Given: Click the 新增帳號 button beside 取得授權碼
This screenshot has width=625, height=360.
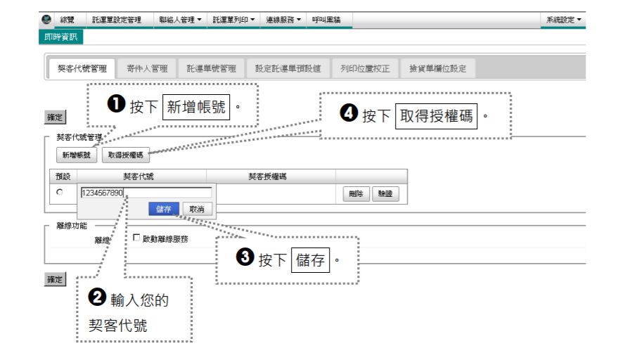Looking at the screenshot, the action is click(77, 155).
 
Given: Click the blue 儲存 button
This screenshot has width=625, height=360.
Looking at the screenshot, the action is click(163, 209).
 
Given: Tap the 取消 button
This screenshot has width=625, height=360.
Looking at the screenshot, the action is click(197, 209).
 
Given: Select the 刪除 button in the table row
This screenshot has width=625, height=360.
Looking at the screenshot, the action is click(356, 194).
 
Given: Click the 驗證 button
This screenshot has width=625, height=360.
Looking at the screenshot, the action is click(385, 194).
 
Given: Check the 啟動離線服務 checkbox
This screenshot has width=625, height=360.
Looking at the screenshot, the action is click(136, 238).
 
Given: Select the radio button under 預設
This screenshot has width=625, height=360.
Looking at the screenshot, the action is click(60, 192).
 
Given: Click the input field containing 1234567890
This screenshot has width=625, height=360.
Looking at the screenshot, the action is click(146, 193).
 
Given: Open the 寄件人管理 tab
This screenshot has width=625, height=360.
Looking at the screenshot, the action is click(147, 69).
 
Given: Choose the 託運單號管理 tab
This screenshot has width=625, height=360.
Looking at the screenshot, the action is click(211, 69).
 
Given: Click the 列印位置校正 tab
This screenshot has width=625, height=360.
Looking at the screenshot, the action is click(365, 69).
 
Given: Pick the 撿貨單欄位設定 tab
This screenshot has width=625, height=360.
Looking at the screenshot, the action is click(438, 69).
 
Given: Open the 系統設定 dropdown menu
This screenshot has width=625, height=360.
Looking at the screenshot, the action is click(563, 20).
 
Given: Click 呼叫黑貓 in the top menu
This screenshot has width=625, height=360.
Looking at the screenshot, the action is click(326, 20).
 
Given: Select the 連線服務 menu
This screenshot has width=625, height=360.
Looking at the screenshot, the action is click(283, 20).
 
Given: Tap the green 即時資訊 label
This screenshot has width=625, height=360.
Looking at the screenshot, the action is click(60, 37).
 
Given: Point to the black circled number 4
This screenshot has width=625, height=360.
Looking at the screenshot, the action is click(349, 112).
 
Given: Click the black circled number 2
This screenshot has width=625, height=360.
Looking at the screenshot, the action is click(97, 297).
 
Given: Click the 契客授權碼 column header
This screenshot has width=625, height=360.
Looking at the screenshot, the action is click(267, 176).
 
